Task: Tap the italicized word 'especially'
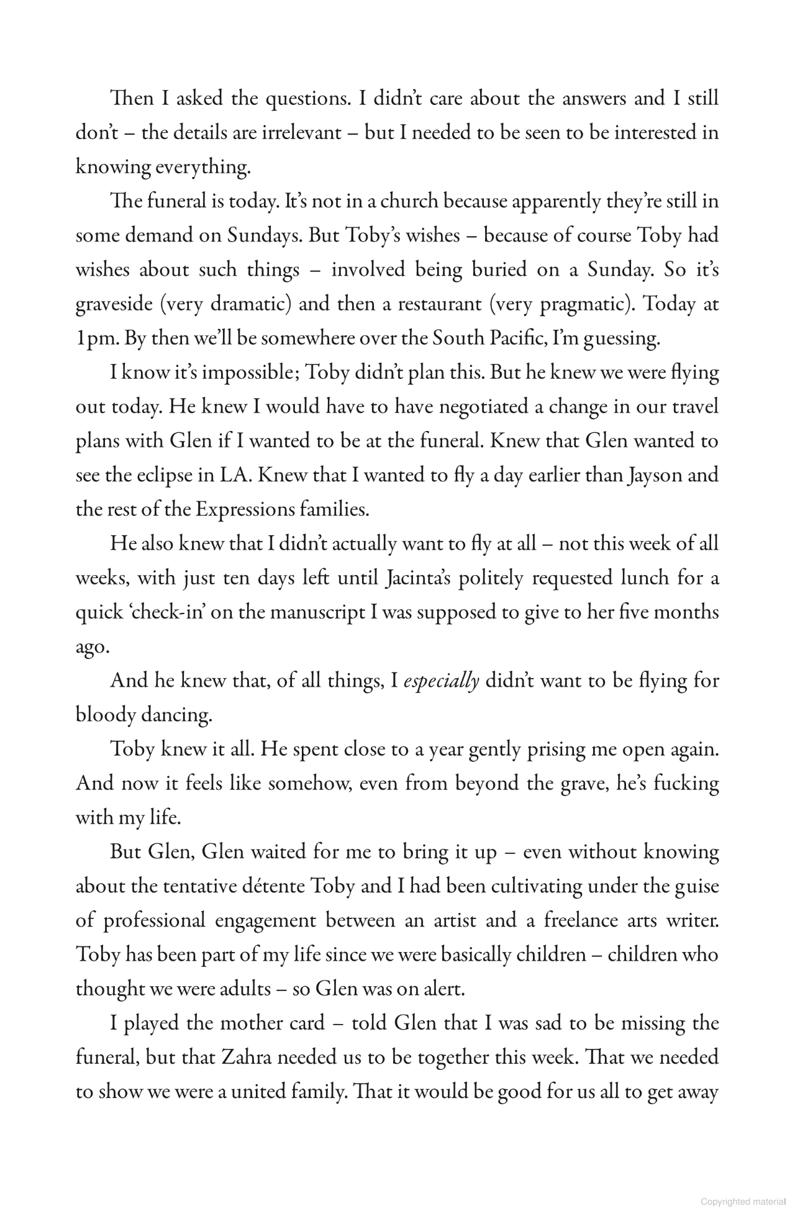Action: click(x=441, y=681)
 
